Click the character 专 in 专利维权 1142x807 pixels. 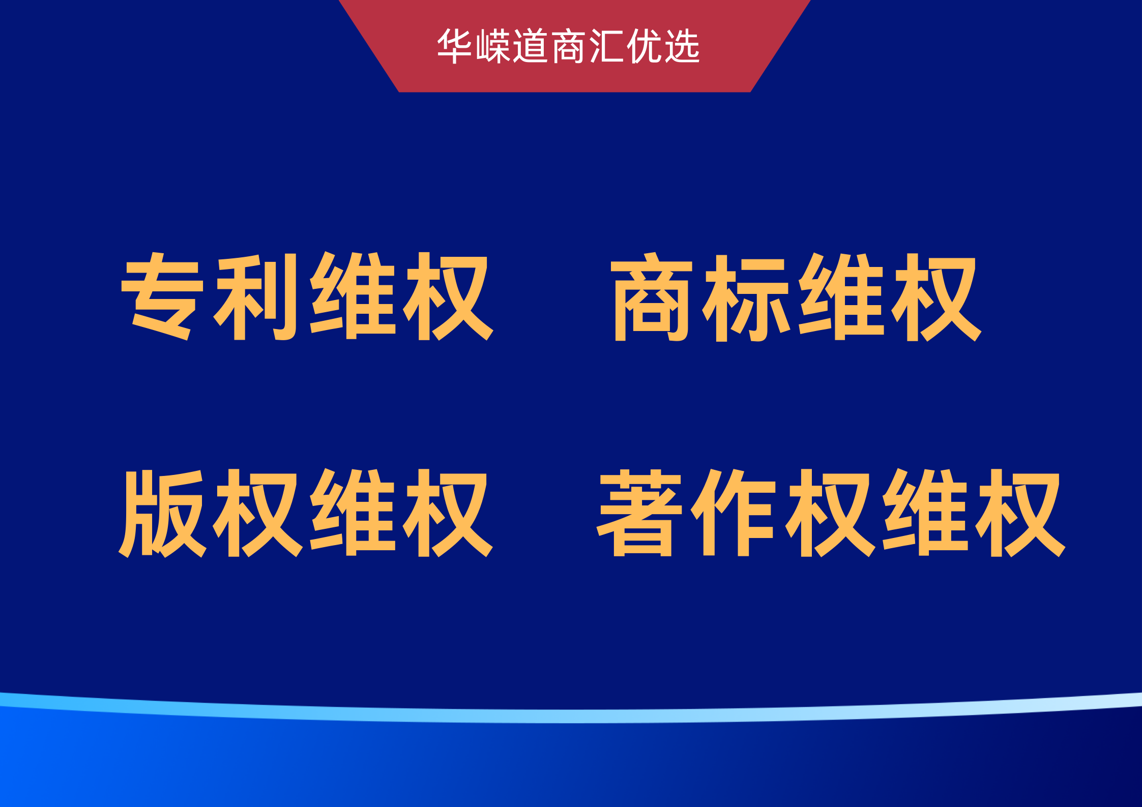point(162,296)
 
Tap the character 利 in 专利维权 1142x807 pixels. point(255,296)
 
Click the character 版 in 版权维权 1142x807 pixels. point(162,513)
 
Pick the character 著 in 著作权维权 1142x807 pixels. point(639,513)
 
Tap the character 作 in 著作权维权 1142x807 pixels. point(733,512)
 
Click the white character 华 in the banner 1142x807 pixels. point(454,46)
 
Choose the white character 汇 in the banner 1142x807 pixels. point(606,46)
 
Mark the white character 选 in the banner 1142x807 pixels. point(682,46)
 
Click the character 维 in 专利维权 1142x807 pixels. point(353,296)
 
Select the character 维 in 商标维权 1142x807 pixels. point(841,296)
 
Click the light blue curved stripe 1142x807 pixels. point(571,715)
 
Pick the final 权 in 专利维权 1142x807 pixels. point(448,296)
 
